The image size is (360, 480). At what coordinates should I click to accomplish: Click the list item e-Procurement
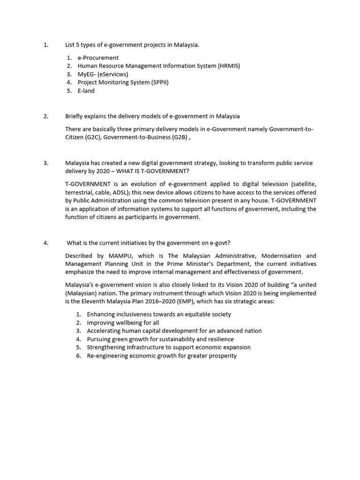tap(98, 58)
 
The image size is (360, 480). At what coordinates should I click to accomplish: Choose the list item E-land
tap(86, 91)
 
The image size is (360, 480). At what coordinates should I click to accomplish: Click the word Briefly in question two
tap(75, 116)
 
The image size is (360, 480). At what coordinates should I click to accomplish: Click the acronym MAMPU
tap(120, 256)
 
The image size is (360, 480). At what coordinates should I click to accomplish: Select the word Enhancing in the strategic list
tap(102, 314)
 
